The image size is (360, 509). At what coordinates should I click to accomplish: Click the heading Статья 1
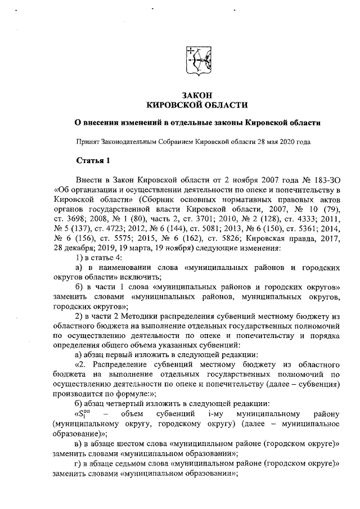92,162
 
